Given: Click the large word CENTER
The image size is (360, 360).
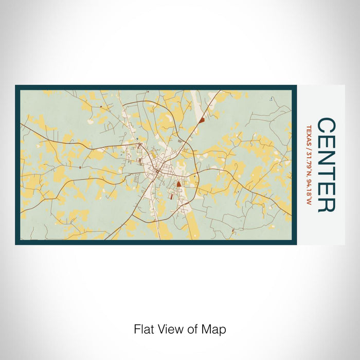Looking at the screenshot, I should pyautogui.click(x=327, y=165).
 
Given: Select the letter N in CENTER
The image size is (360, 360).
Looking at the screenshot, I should pyautogui.click(x=327, y=157).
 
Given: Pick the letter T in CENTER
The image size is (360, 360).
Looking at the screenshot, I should pyautogui.click(x=327, y=173).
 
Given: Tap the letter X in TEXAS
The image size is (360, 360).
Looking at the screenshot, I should pyautogui.click(x=309, y=133).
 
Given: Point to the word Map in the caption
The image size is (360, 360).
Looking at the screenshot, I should pyautogui.click(x=215, y=329).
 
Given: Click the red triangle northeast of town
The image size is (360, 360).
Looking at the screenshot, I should pyautogui.click(x=202, y=120).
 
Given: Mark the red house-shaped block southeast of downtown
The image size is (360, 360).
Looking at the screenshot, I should pyautogui.click(x=178, y=184).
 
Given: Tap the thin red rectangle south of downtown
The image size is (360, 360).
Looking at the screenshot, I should pyautogui.click(x=171, y=196).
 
